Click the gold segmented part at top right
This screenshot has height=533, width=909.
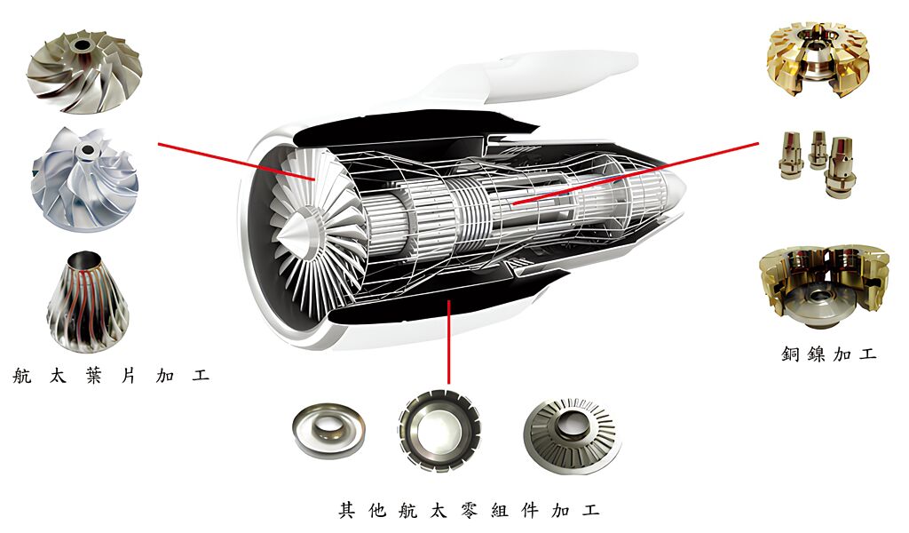point(816,60)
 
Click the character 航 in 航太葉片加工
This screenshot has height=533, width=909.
point(23,375)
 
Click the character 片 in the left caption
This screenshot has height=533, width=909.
point(127,375)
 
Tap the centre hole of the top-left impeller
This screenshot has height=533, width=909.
point(83,44)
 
